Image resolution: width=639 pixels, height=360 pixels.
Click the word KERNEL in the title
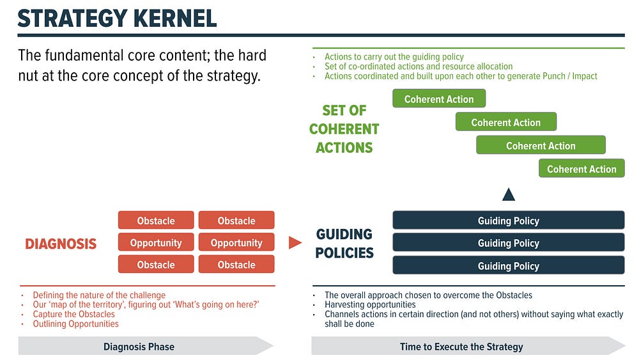(x=175, y=19)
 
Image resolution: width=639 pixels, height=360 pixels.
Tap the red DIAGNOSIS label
(x=61, y=244)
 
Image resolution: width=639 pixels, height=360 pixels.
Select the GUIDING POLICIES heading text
(x=344, y=244)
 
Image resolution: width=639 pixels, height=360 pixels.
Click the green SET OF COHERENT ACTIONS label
(x=344, y=129)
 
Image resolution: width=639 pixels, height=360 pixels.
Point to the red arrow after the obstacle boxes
(x=295, y=242)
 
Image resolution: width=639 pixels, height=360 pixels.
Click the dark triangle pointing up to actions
(x=509, y=194)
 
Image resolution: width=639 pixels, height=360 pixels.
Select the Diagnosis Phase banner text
(x=139, y=347)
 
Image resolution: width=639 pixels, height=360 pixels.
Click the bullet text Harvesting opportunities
(x=370, y=304)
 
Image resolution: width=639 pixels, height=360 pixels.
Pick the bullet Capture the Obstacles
(x=73, y=315)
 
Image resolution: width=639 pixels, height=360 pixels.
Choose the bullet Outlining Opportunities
(x=76, y=324)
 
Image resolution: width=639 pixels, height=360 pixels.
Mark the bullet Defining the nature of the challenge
(x=99, y=295)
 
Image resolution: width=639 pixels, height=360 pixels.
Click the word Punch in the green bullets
(x=552, y=76)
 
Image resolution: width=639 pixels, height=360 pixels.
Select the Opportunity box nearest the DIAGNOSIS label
(x=156, y=242)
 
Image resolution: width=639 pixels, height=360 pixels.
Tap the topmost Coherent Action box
(x=439, y=98)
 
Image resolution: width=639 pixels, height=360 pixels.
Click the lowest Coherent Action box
(x=581, y=168)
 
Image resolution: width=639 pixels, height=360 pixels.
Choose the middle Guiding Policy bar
(x=509, y=243)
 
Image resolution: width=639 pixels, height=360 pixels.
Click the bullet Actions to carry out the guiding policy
(x=394, y=57)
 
